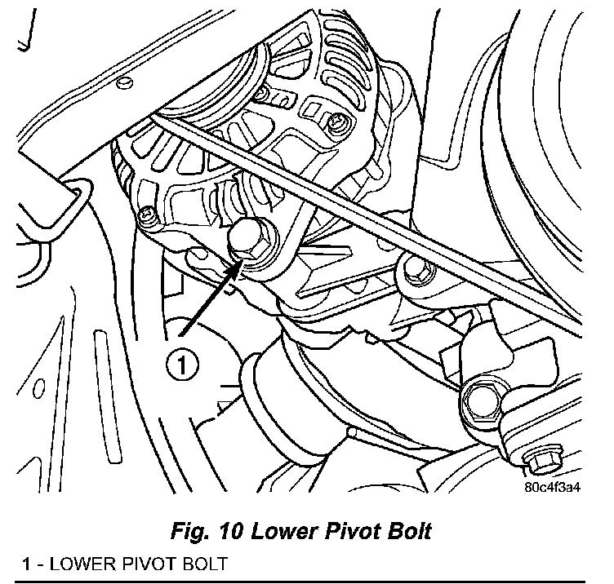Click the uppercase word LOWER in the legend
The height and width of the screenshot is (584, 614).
point(74,563)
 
